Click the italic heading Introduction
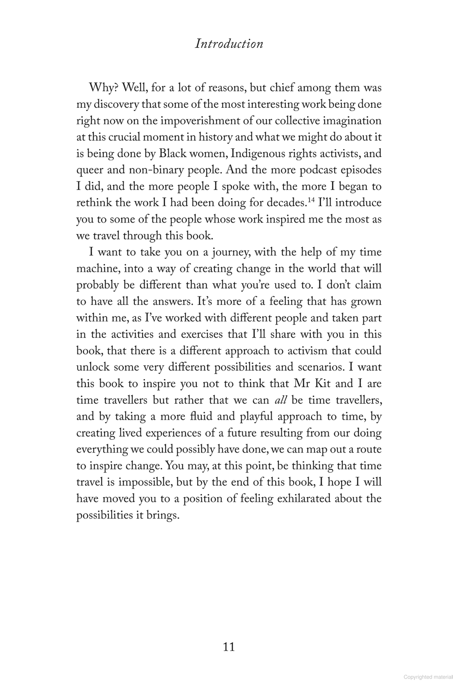coord(229,44)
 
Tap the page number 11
coord(229,647)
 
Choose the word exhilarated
coord(304,499)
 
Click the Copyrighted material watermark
coord(428,677)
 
